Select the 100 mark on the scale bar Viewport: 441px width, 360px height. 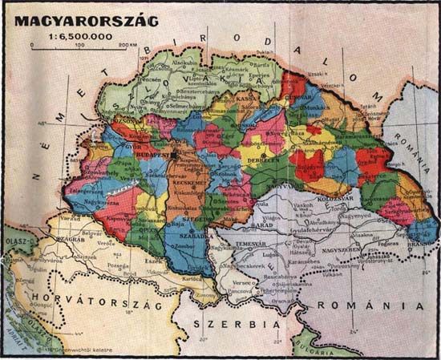pos(79,45)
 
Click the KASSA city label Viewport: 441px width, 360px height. pos(246,99)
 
